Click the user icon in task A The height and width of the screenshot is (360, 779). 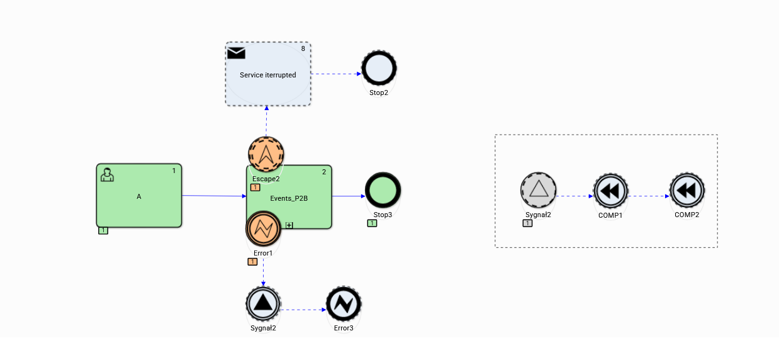tap(107, 175)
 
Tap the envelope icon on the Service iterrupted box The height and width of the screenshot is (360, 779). tap(236, 53)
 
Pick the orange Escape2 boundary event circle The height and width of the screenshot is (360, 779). tap(266, 154)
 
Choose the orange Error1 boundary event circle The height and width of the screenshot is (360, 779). tap(263, 229)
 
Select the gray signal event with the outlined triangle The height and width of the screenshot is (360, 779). tap(539, 189)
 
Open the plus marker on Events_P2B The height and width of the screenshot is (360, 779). tap(289, 225)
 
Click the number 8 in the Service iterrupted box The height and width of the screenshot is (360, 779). tap(303, 48)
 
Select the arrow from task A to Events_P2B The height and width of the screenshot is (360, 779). tap(214, 196)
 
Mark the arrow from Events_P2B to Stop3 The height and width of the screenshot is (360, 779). tap(348, 196)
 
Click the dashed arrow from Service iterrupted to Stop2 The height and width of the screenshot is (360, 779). tap(336, 74)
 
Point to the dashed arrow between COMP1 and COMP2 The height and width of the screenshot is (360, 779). tap(648, 196)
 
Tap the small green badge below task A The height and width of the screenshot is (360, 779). tap(103, 230)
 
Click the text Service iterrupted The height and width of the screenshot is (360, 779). tap(267, 75)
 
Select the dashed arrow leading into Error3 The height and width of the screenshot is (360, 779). tap(303, 310)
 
